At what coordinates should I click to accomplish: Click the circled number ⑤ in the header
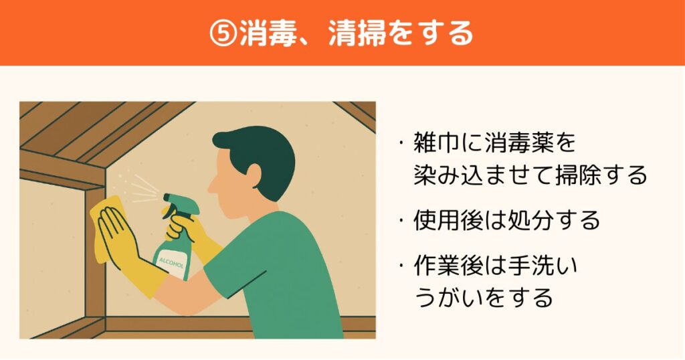coord(223,33)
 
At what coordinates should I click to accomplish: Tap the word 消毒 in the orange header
coord(268,33)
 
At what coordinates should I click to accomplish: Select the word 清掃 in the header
coord(357,33)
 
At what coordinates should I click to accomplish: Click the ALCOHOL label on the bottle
coord(172,264)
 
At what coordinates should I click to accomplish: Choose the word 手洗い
coord(542,266)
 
